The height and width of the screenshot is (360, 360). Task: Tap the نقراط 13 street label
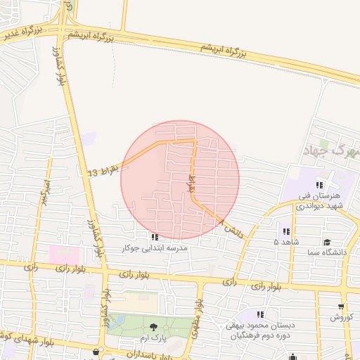pos(105,169)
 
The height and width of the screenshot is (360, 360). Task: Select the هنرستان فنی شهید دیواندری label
pos(319,200)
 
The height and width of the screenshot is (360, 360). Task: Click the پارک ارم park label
pos(154,338)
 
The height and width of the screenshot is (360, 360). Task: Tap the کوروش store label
pos(342,318)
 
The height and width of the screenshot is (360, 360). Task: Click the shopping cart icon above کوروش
pos(342,307)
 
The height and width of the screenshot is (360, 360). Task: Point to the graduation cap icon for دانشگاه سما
pos(326,241)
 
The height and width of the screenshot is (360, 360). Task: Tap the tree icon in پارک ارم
pos(154,327)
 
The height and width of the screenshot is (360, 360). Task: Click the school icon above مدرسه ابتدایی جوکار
pos(155,237)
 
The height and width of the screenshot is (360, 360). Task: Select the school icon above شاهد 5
pos(286,231)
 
